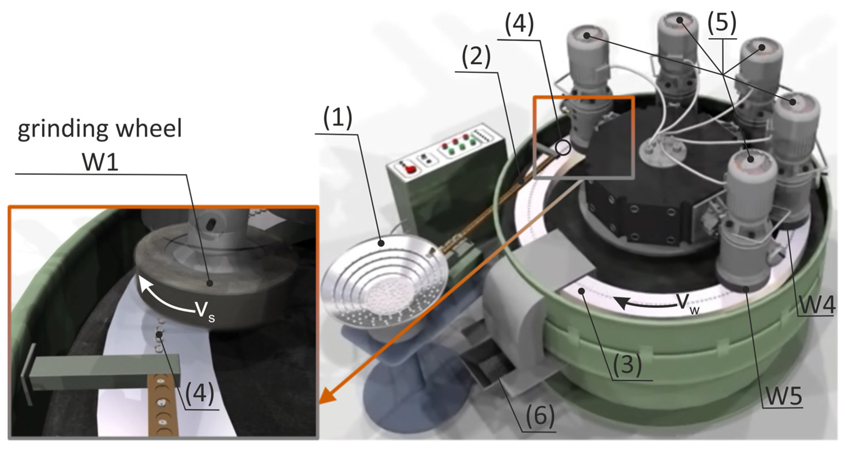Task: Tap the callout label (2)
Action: tap(476, 57)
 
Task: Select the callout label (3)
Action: tap(627, 365)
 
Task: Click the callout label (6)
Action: tap(540, 415)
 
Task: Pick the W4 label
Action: tap(816, 305)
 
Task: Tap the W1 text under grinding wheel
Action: tap(100, 162)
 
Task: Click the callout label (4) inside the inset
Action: tap(199, 394)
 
